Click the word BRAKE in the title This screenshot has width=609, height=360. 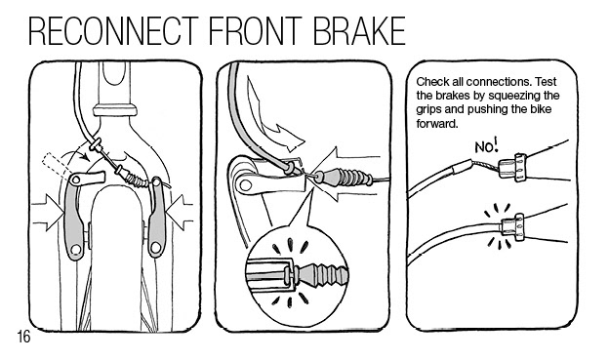359,31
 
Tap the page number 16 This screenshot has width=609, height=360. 23,337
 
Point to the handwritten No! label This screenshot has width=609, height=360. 486,146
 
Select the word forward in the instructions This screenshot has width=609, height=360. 436,124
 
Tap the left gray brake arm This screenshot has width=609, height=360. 75,218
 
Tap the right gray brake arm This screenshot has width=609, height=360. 157,218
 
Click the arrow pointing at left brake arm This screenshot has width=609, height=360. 48,213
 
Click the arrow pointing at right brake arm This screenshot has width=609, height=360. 180,213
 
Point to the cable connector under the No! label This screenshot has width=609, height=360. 512,167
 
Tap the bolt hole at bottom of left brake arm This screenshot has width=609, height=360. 76,249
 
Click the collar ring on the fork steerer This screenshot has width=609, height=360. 114,109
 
